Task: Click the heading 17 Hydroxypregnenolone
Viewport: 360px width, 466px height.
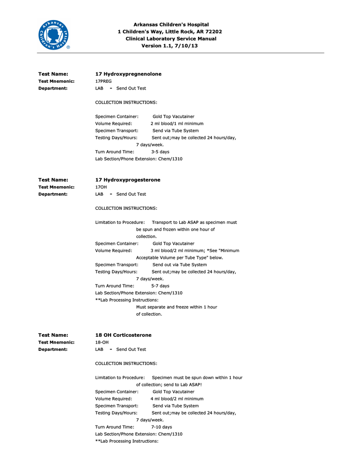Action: click(128, 74)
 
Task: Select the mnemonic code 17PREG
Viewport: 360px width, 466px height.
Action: click(103, 81)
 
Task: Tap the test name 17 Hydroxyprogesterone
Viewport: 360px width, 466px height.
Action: click(128, 180)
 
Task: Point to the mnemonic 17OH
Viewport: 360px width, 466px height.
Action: click(101, 187)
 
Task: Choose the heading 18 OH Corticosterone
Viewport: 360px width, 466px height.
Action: click(123, 335)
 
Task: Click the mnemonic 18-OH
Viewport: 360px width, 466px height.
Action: click(102, 342)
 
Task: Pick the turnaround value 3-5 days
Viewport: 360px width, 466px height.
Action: click(160, 152)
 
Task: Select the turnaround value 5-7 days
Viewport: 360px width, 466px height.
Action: click(160, 286)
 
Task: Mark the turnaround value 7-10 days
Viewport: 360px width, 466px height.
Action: click(162, 427)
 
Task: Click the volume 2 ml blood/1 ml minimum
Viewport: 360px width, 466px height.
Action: click(177, 123)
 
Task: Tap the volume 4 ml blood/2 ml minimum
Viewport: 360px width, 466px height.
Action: click(177, 399)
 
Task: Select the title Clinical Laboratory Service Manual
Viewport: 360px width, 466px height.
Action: click(171, 39)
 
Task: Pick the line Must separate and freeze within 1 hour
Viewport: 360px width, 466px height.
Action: click(177, 307)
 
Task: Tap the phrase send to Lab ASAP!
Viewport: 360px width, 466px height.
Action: click(182, 385)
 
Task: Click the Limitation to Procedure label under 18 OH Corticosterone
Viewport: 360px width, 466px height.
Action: click(120, 377)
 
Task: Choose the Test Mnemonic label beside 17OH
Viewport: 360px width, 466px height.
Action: click(56, 187)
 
